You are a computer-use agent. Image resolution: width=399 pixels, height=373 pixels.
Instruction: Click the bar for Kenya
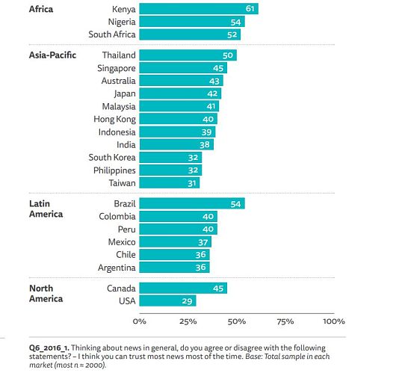point(199,9)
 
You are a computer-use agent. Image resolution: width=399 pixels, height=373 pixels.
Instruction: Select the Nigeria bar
point(192,22)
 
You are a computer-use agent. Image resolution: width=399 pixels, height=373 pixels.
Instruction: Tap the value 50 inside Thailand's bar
point(228,55)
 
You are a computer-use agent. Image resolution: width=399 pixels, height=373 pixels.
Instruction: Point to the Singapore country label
point(117,68)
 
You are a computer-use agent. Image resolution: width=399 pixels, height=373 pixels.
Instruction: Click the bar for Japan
point(180,93)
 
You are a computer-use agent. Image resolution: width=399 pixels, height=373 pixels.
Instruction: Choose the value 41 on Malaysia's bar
point(211,106)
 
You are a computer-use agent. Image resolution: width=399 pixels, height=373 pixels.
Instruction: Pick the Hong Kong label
point(115,119)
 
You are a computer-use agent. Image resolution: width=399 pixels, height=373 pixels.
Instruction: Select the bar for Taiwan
point(170,183)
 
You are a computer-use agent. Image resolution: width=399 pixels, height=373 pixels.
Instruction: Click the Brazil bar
point(192,203)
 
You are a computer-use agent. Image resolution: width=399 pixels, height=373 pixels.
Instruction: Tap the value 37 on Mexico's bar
point(203,242)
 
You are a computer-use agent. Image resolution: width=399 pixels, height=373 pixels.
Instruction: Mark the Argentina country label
point(117,268)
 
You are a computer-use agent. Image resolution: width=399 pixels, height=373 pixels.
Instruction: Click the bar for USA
point(167,300)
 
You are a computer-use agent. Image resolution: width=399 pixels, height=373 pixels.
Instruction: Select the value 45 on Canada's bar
point(218,289)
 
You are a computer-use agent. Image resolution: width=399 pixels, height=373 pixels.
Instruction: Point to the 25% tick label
point(188,321)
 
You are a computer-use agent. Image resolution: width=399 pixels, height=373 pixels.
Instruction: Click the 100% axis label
point(334,321)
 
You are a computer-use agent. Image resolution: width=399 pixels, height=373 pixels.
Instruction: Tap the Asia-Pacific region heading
point(52,55)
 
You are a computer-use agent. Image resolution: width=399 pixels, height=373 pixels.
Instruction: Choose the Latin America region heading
point(46,209)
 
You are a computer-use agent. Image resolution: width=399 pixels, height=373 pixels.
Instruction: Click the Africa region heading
point(41,9)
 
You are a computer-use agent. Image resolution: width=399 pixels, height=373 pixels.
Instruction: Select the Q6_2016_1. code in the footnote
point(49,348)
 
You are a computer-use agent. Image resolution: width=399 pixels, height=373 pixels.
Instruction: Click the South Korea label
point(112,157)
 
